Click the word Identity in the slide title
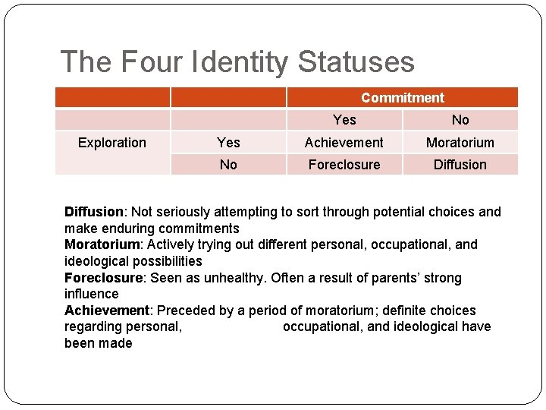pos(244,61)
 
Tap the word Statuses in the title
pos(356,61)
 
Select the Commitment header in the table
pos(403,98)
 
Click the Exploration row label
pos(112,143)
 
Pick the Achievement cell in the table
pos(344,143)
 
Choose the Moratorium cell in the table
pos(460,143)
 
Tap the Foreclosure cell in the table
pos(344,165)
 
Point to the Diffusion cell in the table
pos(460,165)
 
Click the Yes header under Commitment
pos(344,120)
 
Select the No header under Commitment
pos(460,120)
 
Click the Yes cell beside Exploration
pos(228,143)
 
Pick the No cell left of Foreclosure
pos(228,165)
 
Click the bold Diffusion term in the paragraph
pos(93,212)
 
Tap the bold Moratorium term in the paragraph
pos(101,244)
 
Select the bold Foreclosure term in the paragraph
pos(102,278)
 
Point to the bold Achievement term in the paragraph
pos(106,311)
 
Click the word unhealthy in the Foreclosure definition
pos(228,278)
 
